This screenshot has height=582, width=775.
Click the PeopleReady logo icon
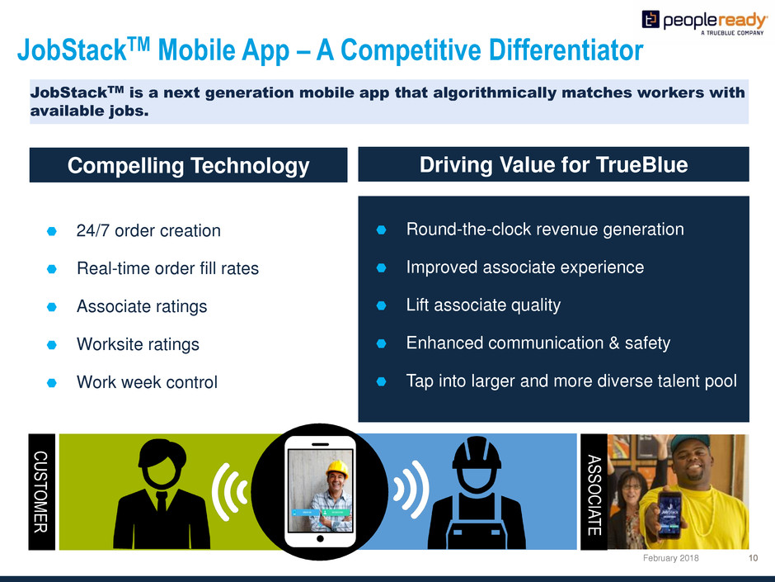coord(651,19)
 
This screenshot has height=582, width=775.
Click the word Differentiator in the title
coord(566,50)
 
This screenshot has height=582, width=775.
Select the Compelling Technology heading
coord(188,165)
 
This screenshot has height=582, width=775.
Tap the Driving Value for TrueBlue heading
coord(553,164)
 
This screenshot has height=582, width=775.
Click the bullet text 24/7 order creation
coord(148,230)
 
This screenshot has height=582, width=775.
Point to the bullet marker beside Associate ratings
coord(51,307)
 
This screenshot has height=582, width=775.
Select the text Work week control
coord(147,382)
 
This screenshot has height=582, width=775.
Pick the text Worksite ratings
coord(138,344)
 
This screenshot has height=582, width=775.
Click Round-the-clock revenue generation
coord(545,229)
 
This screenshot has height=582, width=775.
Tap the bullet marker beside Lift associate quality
coord(381,305)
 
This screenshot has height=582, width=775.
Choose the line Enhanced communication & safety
coord(538,343)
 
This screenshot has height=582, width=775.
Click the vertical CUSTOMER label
coord(41,492)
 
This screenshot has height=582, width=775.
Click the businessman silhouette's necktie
coord(161,502)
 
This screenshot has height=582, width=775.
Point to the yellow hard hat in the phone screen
coord(337,468)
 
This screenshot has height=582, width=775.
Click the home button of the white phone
coord(320,539)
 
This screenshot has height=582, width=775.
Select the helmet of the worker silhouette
coord(477,453)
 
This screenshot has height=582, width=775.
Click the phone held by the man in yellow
coord(669,513)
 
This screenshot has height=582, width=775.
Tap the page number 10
coord(753,558)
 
